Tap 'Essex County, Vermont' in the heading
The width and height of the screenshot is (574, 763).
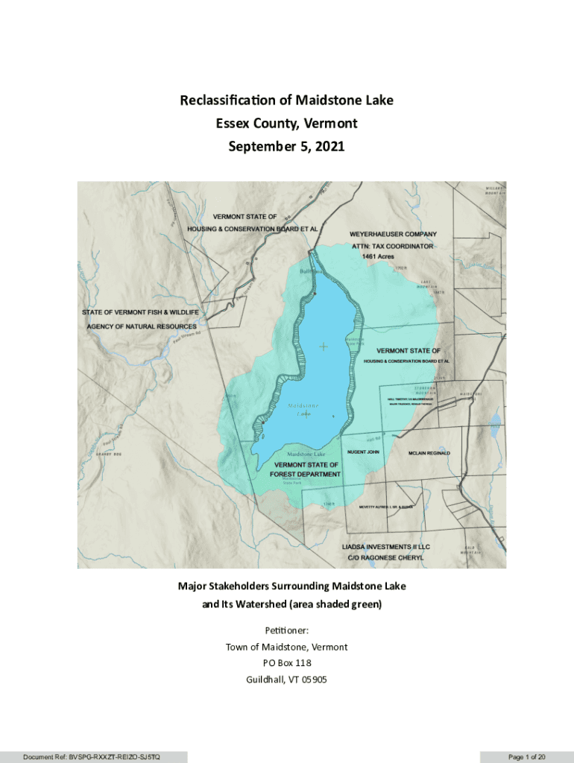click(x=287, y=123)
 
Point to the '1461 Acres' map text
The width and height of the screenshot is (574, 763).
click(x=379, y=256)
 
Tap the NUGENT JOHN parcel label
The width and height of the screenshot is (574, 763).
click(x=364, y=452)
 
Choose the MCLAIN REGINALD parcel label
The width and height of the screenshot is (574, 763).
click(x=429, y=453)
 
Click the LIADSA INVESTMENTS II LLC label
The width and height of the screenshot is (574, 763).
click(x=386, y=546)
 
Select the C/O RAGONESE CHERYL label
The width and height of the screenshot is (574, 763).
click(x=382, y=557)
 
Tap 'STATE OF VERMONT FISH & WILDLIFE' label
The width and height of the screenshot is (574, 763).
click(x=140, y=313)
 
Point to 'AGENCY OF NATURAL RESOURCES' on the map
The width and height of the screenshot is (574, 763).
click(x=140, y=326)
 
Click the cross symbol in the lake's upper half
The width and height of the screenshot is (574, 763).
click(x=323, y=346)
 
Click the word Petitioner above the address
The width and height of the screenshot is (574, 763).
click(x=287, y=631)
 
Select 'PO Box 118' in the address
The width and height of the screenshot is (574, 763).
click(x=287, y=662)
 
